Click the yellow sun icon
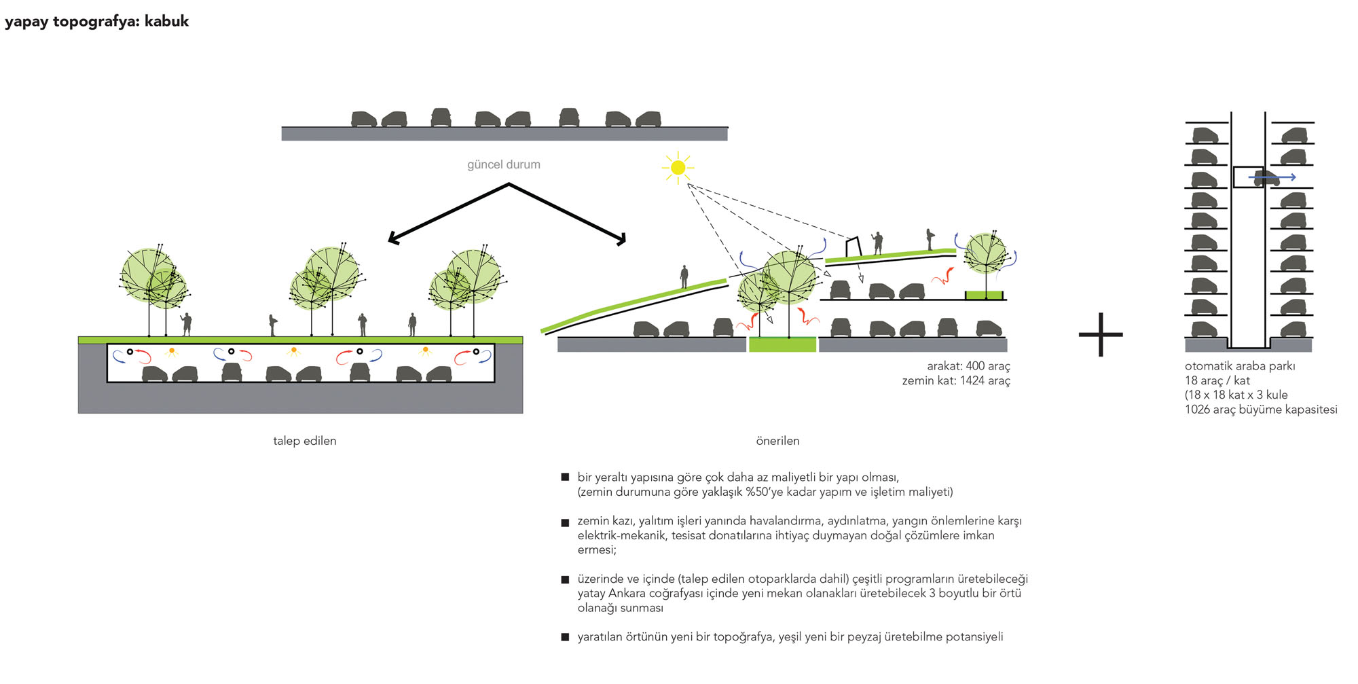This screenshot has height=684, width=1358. [x=678, y=167]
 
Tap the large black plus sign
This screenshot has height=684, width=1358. [x=1100, y=334]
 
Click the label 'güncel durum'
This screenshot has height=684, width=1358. [x=504, y=164]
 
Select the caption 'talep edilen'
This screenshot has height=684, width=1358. [x=304, y=441]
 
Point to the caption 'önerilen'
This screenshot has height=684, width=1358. [x=777, y=441]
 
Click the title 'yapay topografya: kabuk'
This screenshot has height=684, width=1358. [x=96, y=21]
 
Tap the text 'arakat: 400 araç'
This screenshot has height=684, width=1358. [x=968, y=366]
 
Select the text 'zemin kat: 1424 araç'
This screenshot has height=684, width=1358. [x=956, y=380]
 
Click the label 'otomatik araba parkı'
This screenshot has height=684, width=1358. [x=1240, y=366]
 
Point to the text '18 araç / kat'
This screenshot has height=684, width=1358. [x=1217, y=380]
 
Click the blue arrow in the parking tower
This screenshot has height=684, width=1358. [x=1273, y=178]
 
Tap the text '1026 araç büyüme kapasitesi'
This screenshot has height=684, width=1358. [x=1261, y=410]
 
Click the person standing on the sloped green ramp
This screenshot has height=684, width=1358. [x=684, y=277]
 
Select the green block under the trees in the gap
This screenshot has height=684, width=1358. [x=782, y=344]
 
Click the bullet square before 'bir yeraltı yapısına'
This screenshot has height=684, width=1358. [x=565, y=478]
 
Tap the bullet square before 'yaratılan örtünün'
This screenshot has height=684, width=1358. [x=565, y=637]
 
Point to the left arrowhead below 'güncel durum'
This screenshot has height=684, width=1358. [x=392, y=239]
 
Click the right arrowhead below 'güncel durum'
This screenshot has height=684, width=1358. [x=621, y=239]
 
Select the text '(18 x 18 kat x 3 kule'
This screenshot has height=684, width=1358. [x=1236, y=395]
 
